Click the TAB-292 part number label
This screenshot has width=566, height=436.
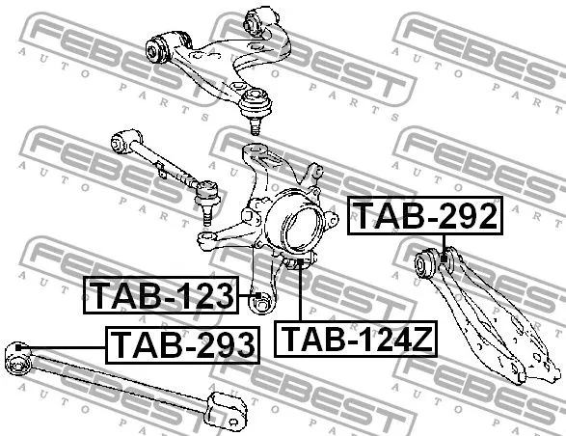tap(425, 215)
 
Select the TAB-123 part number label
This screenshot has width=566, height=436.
tap(162, 295)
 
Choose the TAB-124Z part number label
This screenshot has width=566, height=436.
tap(358, 339)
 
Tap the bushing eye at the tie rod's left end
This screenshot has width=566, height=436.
tap(120, 140)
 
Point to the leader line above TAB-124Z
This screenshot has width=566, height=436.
tap(301, 294)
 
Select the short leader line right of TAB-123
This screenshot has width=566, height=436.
tap(245, 296)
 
